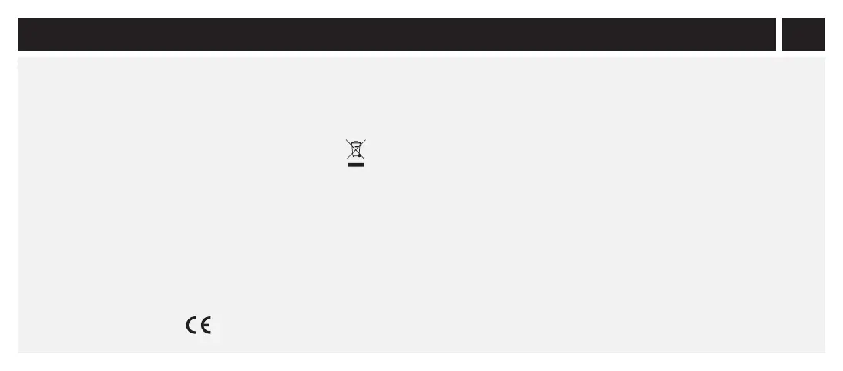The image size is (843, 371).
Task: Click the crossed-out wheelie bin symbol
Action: point(355,150)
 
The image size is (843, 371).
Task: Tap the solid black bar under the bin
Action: point(355,165)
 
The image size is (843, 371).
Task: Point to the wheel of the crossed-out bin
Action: point(360,156)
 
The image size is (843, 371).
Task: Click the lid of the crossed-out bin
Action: point(355,143)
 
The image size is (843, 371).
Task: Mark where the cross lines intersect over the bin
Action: point(355,149)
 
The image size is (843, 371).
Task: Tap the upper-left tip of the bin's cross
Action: point(346,140)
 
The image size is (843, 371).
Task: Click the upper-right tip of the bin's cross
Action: point(365,140)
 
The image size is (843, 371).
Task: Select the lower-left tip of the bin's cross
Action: point(347,159)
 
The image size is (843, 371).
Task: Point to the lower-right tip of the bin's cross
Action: point(364,159)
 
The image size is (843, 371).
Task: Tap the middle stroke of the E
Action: point(207,326)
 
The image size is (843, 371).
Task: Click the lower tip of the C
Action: point(196,333)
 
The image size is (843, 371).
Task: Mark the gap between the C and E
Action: point(199,326)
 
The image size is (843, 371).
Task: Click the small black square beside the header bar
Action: point(803,34)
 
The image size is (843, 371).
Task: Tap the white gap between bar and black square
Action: point(778,34)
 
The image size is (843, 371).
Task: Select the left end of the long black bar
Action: point(20,34)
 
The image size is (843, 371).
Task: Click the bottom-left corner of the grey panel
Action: point(19,352)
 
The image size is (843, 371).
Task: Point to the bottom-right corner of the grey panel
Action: point(824,352)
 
